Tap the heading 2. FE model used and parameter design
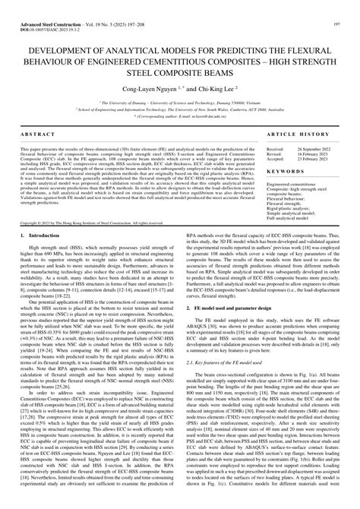tap(235, 330)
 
